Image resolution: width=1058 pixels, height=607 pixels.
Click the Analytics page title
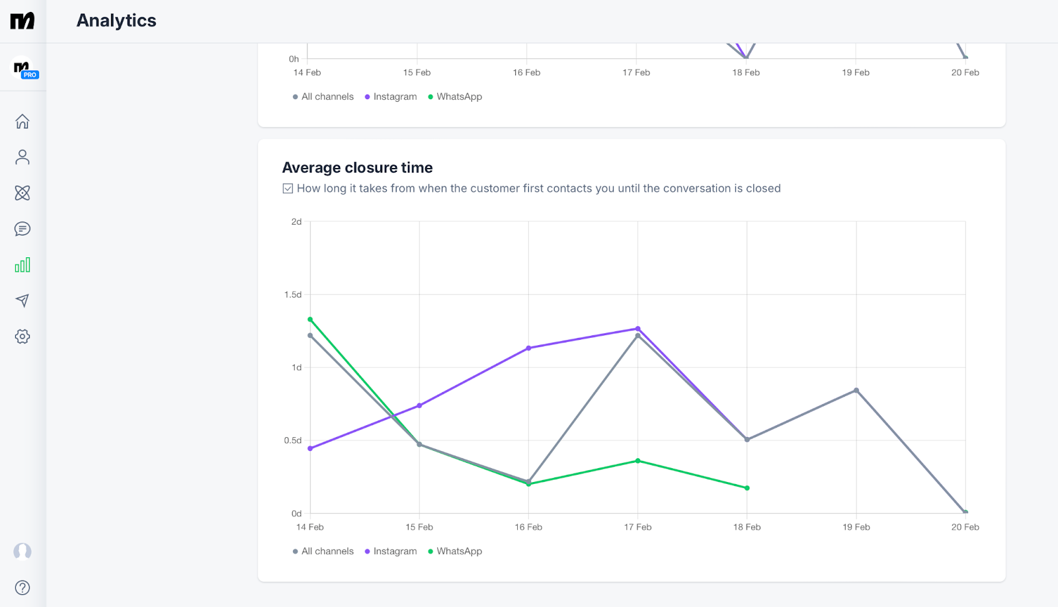(x=116, y=20)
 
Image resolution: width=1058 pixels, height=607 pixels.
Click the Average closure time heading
(x=357, y=168)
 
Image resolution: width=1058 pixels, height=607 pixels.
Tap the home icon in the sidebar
(x=22, y=122)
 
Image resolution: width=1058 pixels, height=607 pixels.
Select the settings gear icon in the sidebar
(x=22, y=337)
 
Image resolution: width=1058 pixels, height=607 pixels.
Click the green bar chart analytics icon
(x=22, y=265)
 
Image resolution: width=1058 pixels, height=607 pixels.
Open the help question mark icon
(x=22, y=588)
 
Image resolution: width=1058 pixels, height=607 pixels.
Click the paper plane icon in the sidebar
(x=22, y=301)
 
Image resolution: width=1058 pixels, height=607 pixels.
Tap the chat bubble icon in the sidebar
(x=22, y=229)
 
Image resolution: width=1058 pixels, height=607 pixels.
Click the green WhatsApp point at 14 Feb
(x=310, y=319)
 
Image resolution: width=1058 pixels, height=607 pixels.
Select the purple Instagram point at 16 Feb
(x=528, y=348)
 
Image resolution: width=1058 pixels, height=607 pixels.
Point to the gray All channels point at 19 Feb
(x=856, y=390)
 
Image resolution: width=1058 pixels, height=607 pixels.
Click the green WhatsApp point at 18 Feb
(x=747, y=488)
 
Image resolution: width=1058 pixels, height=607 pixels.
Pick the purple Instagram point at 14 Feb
(x=310, y=448)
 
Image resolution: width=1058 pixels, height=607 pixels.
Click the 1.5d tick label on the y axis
(x=293, y=295)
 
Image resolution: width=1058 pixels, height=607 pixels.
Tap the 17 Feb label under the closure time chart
(x=637, y=527)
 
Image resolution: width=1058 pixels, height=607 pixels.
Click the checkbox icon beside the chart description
(x=288, y=188)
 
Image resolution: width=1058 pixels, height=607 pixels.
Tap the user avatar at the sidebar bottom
(x=22, y=551)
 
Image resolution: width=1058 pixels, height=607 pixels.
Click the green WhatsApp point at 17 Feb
(x=638, y=461)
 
